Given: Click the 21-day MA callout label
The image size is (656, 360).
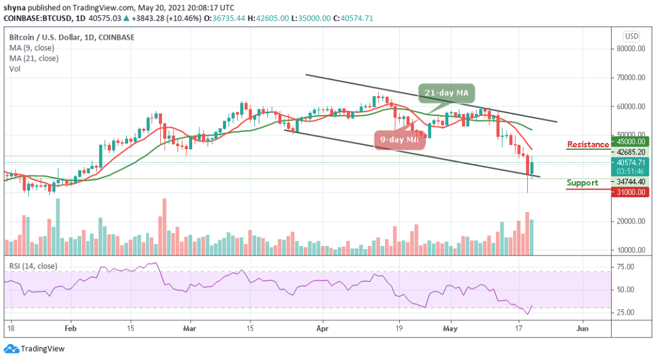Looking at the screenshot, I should pos(447,94).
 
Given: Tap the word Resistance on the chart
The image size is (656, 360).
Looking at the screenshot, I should pos(587,145).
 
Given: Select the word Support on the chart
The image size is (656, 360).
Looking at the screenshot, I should pos(582,183).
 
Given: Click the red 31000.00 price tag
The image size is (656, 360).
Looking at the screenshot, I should pos(629,192).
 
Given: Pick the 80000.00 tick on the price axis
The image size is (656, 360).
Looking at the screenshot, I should pos(629,48).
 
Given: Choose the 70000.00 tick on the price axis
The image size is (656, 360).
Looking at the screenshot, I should pos(629,77).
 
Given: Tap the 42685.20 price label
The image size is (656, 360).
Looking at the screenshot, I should pos(629,152).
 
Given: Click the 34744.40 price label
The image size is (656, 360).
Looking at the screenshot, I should pos(629,182).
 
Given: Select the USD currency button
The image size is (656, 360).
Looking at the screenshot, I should pos(630,36).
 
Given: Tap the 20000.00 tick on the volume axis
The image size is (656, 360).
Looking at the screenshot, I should pos(629,221).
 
